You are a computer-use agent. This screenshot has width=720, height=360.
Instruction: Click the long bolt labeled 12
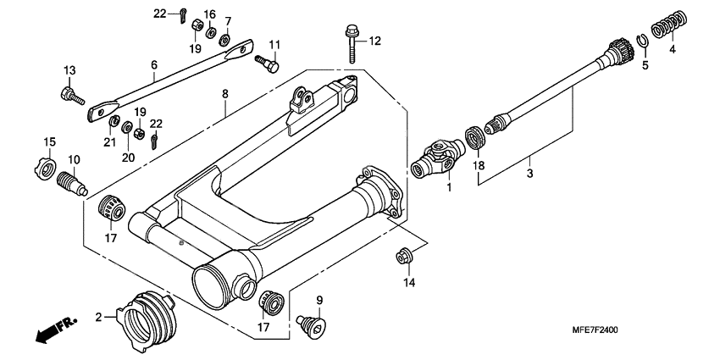(352, 43)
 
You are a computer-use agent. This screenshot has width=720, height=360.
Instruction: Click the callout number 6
(154, 64)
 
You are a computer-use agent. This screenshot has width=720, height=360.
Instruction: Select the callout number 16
(209, 15)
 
